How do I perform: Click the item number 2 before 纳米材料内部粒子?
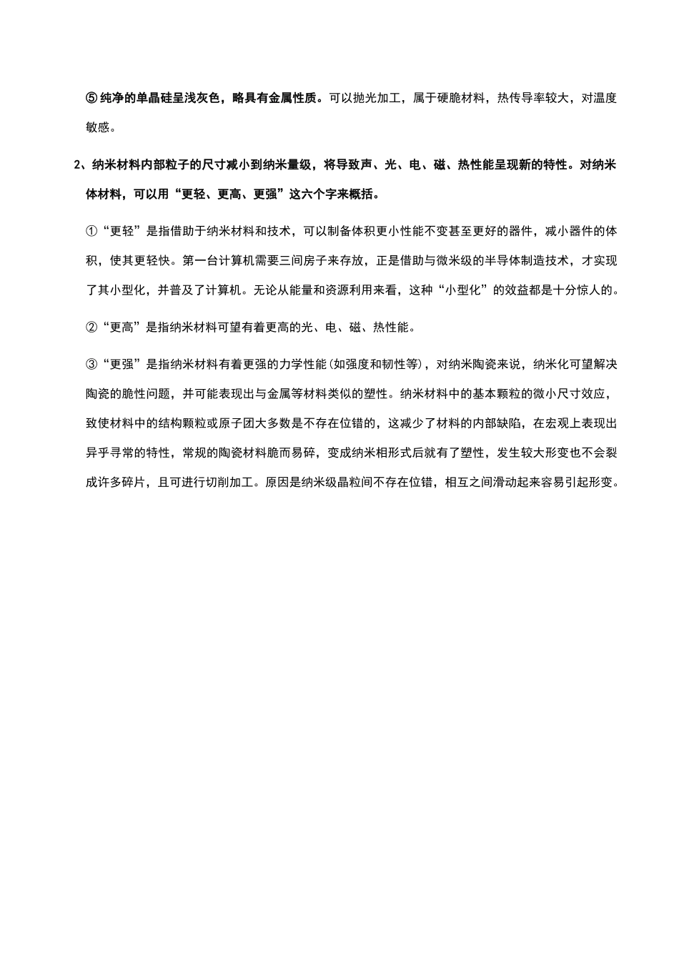point(78,164)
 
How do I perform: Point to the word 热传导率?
point(526,98)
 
